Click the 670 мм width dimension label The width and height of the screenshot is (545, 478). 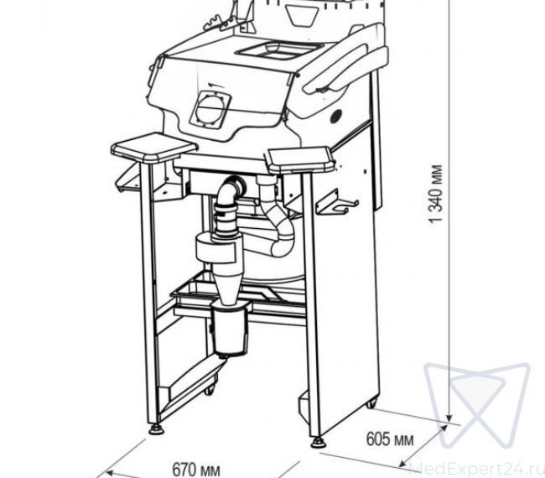tap(196, 470)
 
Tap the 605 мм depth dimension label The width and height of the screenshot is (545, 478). tap(390, 439)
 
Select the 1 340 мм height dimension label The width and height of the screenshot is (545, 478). tap(435, 193)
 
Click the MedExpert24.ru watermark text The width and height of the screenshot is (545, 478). tap(476, 469)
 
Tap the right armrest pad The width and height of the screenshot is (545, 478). tap(299, 160)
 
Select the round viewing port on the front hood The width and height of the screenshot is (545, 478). tap(210, 108)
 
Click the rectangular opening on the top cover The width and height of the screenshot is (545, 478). tap(279, 49)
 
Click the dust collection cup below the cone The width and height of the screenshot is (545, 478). tap(230, 330)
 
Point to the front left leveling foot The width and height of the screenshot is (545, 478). tap(158, 429)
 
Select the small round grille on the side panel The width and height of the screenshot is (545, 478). tap(336, 116)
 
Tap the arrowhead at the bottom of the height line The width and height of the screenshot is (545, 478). tap(449, 417)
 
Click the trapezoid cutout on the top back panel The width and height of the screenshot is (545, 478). tap(301, 14)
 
